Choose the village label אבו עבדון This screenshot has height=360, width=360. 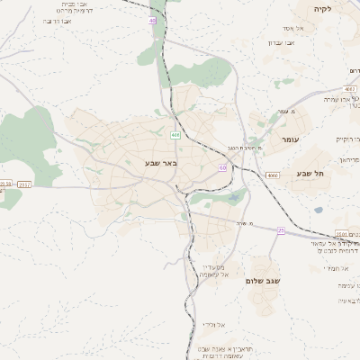click(x=281, y=42)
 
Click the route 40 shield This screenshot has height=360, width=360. click(x=152, y=20)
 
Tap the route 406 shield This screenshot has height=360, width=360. click(x=175, y=135)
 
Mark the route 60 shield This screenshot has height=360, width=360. click(x=222, y=167)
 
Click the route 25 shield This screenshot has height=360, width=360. click(x=281, y=231)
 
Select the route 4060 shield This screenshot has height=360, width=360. click(x=273, y=175)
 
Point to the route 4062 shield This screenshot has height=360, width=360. click(x=349, y=89)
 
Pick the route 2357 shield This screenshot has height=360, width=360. click(x=24, y=184)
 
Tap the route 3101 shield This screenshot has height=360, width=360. click(x=341, y=233)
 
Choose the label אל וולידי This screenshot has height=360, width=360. click(x=220, y=323)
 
